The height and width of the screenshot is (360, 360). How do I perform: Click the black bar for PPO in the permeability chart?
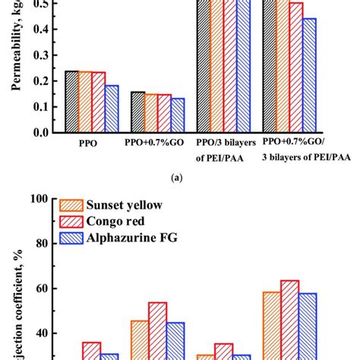71,102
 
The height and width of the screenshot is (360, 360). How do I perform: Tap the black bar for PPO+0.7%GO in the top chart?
137,112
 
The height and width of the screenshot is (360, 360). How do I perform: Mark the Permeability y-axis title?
15,46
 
